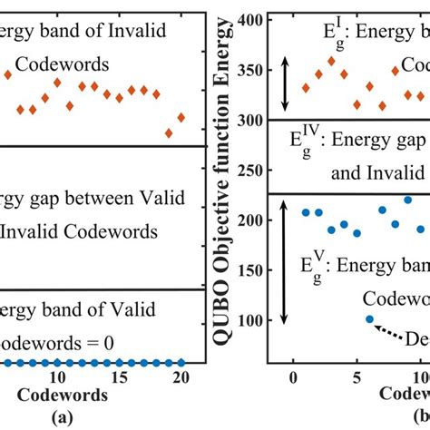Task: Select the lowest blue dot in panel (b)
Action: (369, 318)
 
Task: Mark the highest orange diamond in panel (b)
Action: (331, 61)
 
